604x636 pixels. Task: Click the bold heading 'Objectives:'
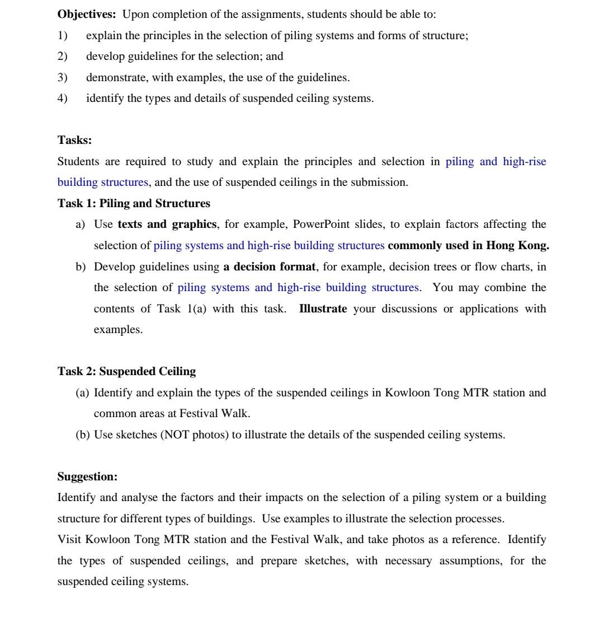pos(87,14)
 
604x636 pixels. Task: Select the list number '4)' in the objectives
pos(62,99)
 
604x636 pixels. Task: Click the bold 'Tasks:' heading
pos(74,140)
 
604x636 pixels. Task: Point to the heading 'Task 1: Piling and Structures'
pos(134,203)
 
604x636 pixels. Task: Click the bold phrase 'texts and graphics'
pos(167,225)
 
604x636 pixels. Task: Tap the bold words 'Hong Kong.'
pos(517,245)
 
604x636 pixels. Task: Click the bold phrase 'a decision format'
pos(269,266)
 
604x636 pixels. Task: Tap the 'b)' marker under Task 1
pos(81,266)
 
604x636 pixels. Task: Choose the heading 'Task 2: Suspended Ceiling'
pos(126,371)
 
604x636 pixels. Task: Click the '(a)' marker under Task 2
pos(82,392)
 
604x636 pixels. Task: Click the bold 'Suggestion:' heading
pos(87,476)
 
